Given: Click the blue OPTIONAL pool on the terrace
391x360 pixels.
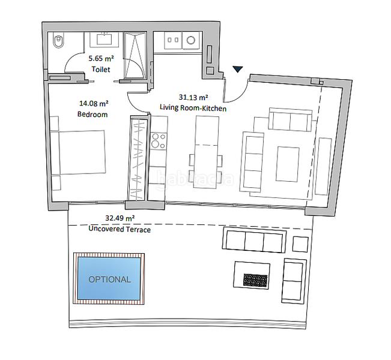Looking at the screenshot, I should (x=109, y=279).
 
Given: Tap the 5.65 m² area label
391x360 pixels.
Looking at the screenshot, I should (x=101, y=59).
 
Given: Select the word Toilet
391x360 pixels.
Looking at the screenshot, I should (x=101, y=70).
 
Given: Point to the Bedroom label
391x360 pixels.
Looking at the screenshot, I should (x=92, y=114).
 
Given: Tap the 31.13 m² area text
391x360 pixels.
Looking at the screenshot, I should (x=193, y=96).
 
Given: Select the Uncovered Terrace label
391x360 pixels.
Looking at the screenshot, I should (x=120, y=229).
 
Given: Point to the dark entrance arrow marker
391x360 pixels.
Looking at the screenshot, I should (x=238, y=70).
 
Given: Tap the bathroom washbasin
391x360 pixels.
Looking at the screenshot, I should (x=105, y=40).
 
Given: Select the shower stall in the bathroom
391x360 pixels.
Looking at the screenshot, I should (x=135, y=55).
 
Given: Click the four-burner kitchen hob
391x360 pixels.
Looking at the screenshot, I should (x=158, y=141).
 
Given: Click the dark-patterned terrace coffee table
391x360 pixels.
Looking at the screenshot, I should (x=256, y=279).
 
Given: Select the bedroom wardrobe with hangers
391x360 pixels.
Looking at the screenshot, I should (x=138, y=160).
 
